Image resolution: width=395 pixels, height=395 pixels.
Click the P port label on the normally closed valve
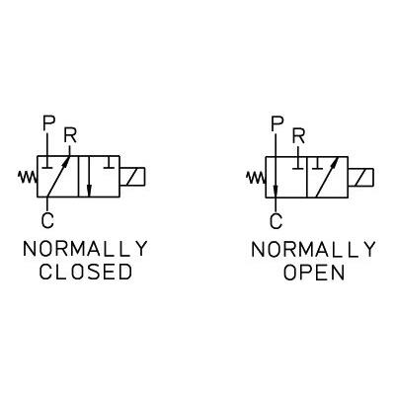[48, 122]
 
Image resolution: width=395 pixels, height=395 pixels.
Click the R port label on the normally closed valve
[70, 136]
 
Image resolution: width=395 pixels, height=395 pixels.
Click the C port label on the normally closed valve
[47, 221]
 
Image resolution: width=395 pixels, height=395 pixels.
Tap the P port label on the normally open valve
[277, 122]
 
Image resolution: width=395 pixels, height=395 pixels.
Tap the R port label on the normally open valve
[298, 137]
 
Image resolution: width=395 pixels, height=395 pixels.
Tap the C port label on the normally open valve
[276, 221]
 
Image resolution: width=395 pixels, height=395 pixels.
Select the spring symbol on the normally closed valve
[28, 177]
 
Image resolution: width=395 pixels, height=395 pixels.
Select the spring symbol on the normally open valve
[256, 178]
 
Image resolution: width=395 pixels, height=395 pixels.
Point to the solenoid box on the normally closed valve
[132, 177]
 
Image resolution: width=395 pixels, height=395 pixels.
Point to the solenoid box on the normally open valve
[360, 178]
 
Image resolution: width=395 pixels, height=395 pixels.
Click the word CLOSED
[86, 273]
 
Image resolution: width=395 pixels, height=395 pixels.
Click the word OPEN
[314, 273]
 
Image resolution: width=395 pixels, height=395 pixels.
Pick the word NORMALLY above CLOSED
[85, 249]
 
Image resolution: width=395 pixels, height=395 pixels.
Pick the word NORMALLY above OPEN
[313, 250]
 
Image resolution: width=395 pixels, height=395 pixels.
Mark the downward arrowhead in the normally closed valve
[88, 190]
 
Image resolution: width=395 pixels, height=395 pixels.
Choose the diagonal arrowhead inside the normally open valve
[335, 162]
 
